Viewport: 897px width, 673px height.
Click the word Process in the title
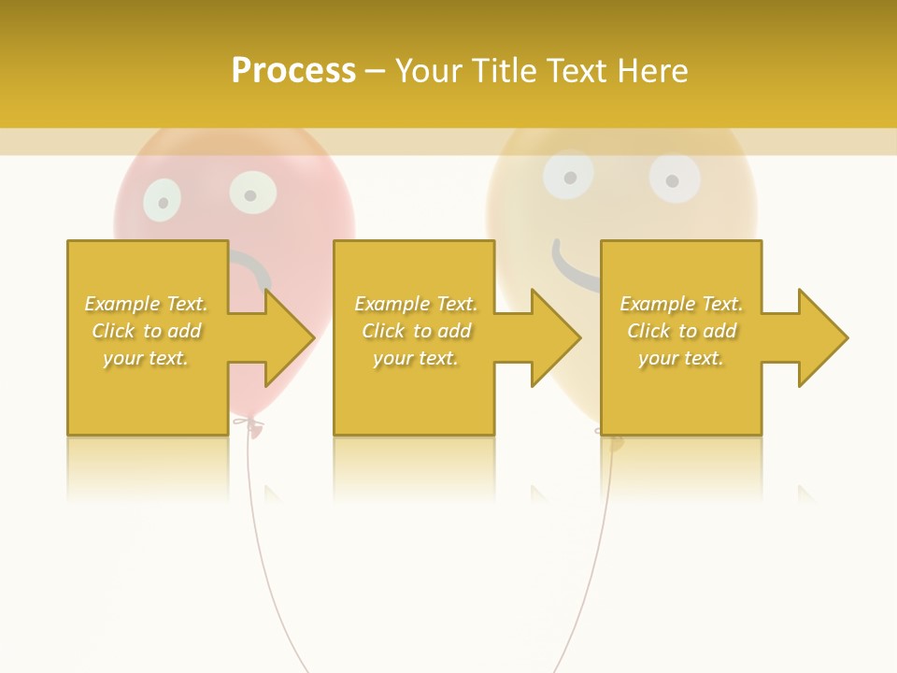(293, 71)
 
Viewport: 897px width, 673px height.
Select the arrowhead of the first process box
(288, 337)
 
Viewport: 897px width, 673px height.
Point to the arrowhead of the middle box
(554, 337)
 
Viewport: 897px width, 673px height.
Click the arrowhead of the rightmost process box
(821, 337)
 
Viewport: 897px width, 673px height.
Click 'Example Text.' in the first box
(146, 304)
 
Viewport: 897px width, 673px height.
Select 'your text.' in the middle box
(415, 358)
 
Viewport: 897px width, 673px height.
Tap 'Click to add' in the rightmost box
(681, 331)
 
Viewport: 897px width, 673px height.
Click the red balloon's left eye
(163, 200)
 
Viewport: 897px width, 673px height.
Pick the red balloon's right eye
(251, 193)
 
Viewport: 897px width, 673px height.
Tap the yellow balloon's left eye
(567, 175)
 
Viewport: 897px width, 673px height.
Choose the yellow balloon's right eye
(675, 179)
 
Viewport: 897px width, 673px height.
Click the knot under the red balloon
(248, 426)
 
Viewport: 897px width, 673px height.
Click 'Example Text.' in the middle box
(415, 304)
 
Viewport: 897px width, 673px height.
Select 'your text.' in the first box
(146, 358)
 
